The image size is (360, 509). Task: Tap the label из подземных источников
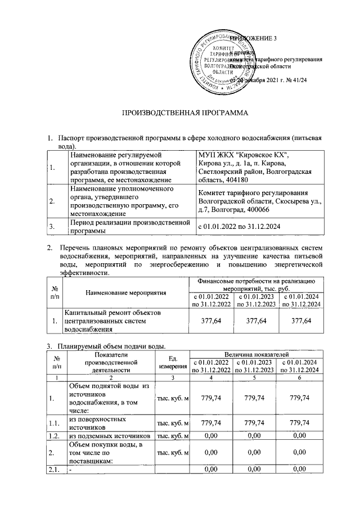click(x=109, y=436)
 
